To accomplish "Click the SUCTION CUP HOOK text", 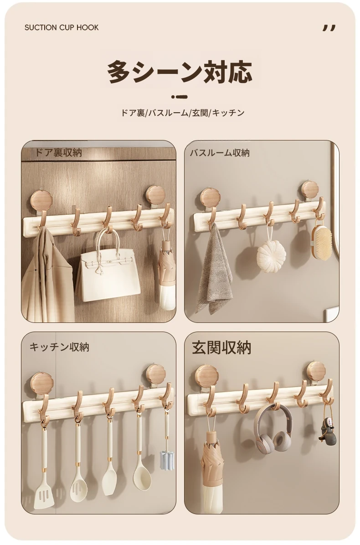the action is [x=62, y=27].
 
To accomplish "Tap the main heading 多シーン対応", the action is [x=180, y=72].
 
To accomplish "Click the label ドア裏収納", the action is [x=58, y=152].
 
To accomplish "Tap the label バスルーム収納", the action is [x=219, y=153].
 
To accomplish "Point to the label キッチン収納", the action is [x=59, y=347].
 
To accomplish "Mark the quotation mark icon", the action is [x=329, y=28].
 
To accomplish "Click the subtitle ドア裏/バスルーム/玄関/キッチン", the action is [x=183, y=113].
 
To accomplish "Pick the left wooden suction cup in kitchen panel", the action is [x=41, y=384].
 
